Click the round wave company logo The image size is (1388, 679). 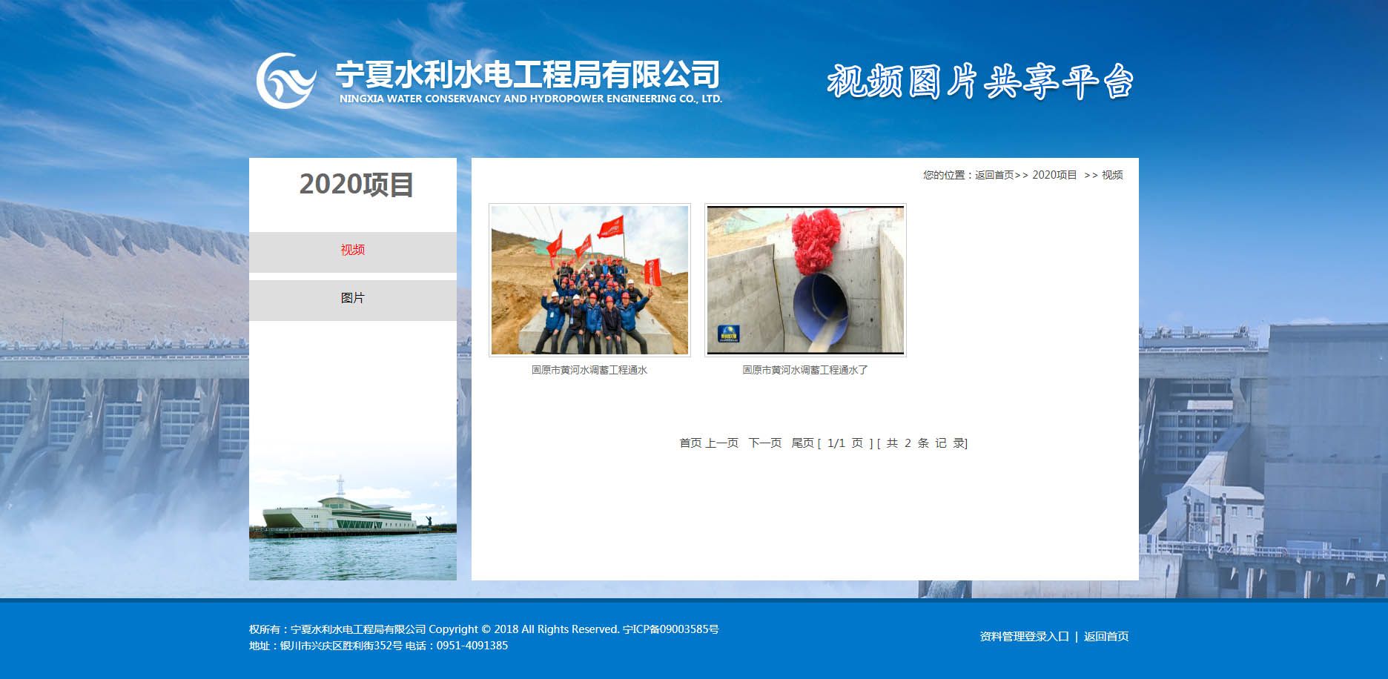click(x=286, y=80)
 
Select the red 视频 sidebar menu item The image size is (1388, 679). click(x=353, y=250)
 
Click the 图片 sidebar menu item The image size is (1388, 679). click(x=353, y=298)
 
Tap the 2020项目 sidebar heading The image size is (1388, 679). click(x=356, y=185)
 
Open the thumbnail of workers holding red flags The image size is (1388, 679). click(x=589, y=280)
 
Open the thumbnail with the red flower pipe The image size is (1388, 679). click(x=805, y=280)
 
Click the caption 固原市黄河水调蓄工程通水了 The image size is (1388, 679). click(x=805, y=370)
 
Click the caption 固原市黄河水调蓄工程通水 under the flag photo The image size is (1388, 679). click(x=589, y=370)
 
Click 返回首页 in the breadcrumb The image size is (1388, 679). click(x=994, y=175)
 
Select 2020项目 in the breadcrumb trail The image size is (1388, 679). click(x=1054, y=175)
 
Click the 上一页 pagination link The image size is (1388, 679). click(x=721, y=443)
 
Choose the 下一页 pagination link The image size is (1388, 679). click(x=765, y=443)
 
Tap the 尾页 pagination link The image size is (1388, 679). click(x=802, y=443)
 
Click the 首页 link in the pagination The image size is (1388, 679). click(x=690, y=443)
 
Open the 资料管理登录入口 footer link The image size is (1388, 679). click(x=1024, y=636)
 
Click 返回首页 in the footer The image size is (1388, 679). click(x=1106, y=636)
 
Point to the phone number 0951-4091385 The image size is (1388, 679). click(x=472, y=646)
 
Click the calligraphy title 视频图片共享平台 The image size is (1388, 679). click(x=980, y=81)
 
